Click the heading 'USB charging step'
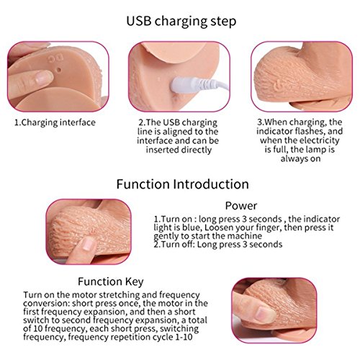point(181,22)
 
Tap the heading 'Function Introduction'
point(182,184)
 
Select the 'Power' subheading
point(241,206)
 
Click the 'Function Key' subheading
point(111,282)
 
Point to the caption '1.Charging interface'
point(55,122)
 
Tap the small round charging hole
point(58,71)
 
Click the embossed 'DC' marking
point(55,58)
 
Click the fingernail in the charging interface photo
point(44,77)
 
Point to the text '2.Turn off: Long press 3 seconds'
point(218,244)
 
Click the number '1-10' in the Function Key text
point(184,337)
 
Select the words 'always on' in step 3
point(300,158)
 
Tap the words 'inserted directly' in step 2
point(179,150)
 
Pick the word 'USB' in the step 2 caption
point(171,122)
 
